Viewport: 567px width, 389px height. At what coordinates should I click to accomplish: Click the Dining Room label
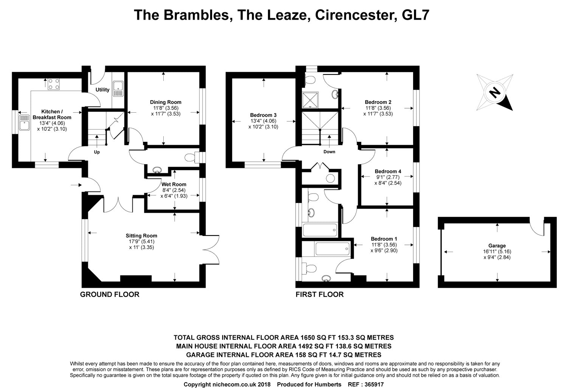(x=166, y=102)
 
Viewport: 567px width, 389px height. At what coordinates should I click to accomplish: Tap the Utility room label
(x=102, y=90)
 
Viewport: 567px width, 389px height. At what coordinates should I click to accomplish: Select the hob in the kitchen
(x=54, y=84)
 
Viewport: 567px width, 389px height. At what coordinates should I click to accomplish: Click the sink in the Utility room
(x=118, y=88)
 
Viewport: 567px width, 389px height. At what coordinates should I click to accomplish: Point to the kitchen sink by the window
(x=25, y=123)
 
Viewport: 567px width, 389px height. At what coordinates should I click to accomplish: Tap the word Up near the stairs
(x=97, y=152)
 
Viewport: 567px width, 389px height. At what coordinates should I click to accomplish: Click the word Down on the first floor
(x=329, y=152)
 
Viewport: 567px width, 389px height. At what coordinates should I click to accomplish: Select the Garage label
(x=497, y=246)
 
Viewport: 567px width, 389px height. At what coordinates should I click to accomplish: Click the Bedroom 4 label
(x=388, y=171)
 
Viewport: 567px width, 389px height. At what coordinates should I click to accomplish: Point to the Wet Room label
(x=174, y=184)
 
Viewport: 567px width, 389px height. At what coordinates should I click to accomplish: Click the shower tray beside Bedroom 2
(x=310, y=100)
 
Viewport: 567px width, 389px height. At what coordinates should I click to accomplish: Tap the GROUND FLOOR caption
(x=110, y=294)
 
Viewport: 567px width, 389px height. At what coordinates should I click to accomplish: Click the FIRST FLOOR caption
(x=319, y=294)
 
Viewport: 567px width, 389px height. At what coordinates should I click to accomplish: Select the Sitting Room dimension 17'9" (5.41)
(x=141, y=242)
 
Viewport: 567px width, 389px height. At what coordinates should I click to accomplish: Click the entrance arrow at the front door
(x=76, y=185)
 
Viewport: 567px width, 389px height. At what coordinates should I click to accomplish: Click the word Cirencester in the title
(x=356, y=15)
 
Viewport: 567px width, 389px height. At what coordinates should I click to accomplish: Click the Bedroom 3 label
(x=263, y=115)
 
